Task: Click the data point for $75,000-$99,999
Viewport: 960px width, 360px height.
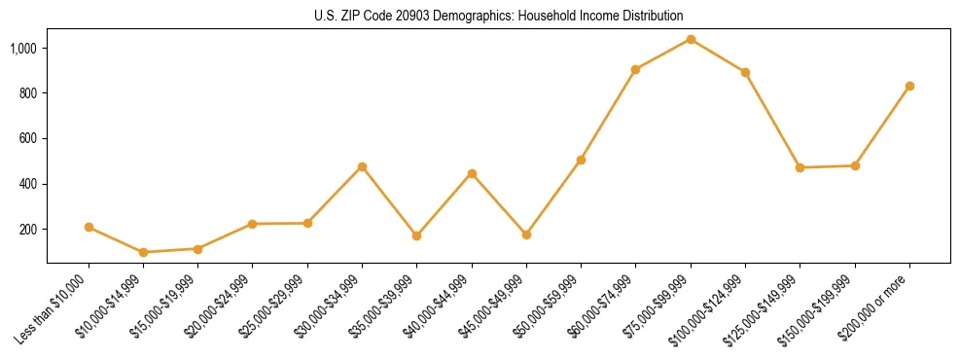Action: pyautogui.click(x=691, y=40)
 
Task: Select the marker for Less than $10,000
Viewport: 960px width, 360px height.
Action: pyautogui.click(x=89, y=227)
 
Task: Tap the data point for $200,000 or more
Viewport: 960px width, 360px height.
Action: pyautogui.click(x=909, y=86)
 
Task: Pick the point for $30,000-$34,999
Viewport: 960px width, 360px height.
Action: pyautogui.click(x=362, y=166)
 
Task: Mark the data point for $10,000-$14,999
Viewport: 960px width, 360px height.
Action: pyautogui.click(x=143, y=252)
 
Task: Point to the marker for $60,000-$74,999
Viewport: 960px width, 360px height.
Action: pyautogui.click(x=635, y=69)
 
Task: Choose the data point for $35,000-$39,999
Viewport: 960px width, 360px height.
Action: pyautogui.click(x=416, y=235)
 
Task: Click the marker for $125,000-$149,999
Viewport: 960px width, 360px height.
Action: pyautogui.click(x=800, y=167)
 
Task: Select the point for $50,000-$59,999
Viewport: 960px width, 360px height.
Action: pyautogui.click(x=581, y=160)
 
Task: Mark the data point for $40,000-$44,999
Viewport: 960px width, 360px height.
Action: pyautogui.click(x=472, y=173)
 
